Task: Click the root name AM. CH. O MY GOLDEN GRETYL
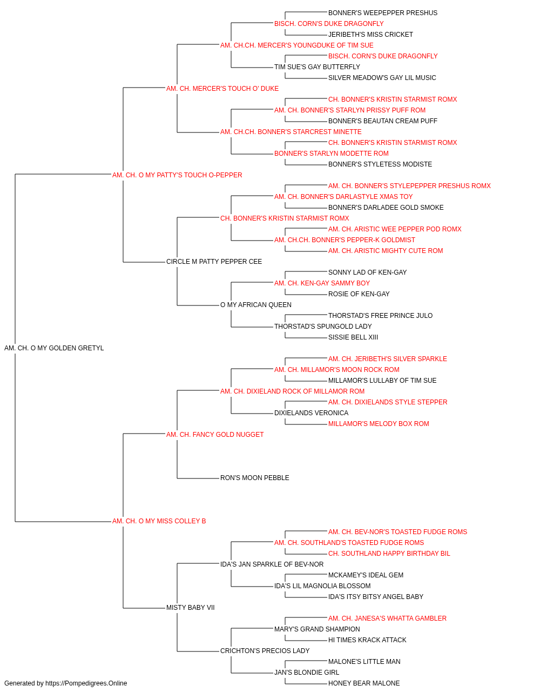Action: pyautogui.click(x=54, y=348)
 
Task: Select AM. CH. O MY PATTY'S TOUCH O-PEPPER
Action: pyautogui.click(x=177, y=175)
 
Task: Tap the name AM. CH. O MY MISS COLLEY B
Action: pyautogui.click(x=159, y=521)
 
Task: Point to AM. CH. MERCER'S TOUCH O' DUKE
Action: pyautogui.click(x=222, y=89)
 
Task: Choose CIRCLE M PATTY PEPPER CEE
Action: pyautogui.click(x=214, y=262)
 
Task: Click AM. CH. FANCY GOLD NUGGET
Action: pyautogui.click(x=215, y=434)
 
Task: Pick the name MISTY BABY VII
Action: pyautogui.click(x=191, y=607)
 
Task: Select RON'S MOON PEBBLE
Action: pyautogui.click(x=255, y=478)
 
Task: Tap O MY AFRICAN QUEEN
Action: pyautogui.click(x=256, y=305)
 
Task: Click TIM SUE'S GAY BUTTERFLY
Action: pyautogui.click(x=317, y=67)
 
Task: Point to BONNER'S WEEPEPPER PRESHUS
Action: pyautogui.click(x=383, y=13)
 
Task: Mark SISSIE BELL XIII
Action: pyautogui.click(x=353, y=337)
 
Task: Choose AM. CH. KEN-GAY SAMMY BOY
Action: pyautogui.click(x=322, y=283)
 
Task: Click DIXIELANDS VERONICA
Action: pyautogui.click(x=312, y=412)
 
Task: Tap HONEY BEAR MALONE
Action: pyautogui.click(x=364, y=683)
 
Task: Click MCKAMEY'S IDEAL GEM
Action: pyautogui.click(x=366, y=575)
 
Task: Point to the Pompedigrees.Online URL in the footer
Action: pyautogui.click(x=86, y=683)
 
